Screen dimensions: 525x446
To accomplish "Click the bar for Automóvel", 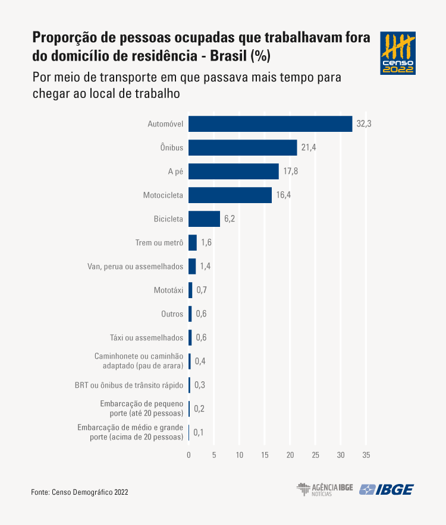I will coord(271,124).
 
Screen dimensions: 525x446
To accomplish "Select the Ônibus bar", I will coord(243,147).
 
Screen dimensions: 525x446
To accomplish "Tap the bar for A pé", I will coord(234,171).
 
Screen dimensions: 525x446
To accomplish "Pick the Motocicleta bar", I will coord(230,195).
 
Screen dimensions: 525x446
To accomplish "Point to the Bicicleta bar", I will coord(204,219).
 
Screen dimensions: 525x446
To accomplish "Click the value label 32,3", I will coord(364,124).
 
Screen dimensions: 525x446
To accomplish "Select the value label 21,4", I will coord(308,147).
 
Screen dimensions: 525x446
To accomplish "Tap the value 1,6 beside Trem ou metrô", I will coord(206,242).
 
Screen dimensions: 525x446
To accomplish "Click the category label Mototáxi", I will coord(168,290).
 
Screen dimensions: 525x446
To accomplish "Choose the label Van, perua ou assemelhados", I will coord(135,266).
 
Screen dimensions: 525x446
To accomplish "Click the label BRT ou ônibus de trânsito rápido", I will coord(129,385).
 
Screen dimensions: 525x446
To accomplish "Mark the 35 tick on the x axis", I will coord(366,455).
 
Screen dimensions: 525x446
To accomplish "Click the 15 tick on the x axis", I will coord(265,455).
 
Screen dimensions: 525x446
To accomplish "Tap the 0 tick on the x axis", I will coord(189,455).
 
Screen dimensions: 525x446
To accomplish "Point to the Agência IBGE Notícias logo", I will coord(325,489).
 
